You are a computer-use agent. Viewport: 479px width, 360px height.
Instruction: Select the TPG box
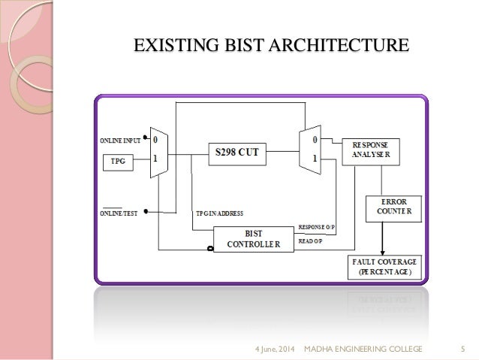[x=119, y=161]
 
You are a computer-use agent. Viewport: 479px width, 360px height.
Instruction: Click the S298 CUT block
[x=237, y=152]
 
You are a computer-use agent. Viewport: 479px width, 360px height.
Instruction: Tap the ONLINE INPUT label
[x=120, y=141]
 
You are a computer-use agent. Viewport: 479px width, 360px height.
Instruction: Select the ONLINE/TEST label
[x=119, y=213]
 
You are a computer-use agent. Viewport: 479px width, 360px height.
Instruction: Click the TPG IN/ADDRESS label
[x=218, y=213]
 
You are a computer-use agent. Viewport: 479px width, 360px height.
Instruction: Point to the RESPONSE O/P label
[x=317, y=226]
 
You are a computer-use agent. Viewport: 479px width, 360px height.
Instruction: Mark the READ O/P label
[x=310, y=241]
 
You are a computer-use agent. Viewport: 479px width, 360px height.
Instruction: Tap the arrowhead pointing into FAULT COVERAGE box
[x=384, y=251]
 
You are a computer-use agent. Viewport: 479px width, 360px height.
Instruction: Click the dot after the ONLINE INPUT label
[x=145, y=140]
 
